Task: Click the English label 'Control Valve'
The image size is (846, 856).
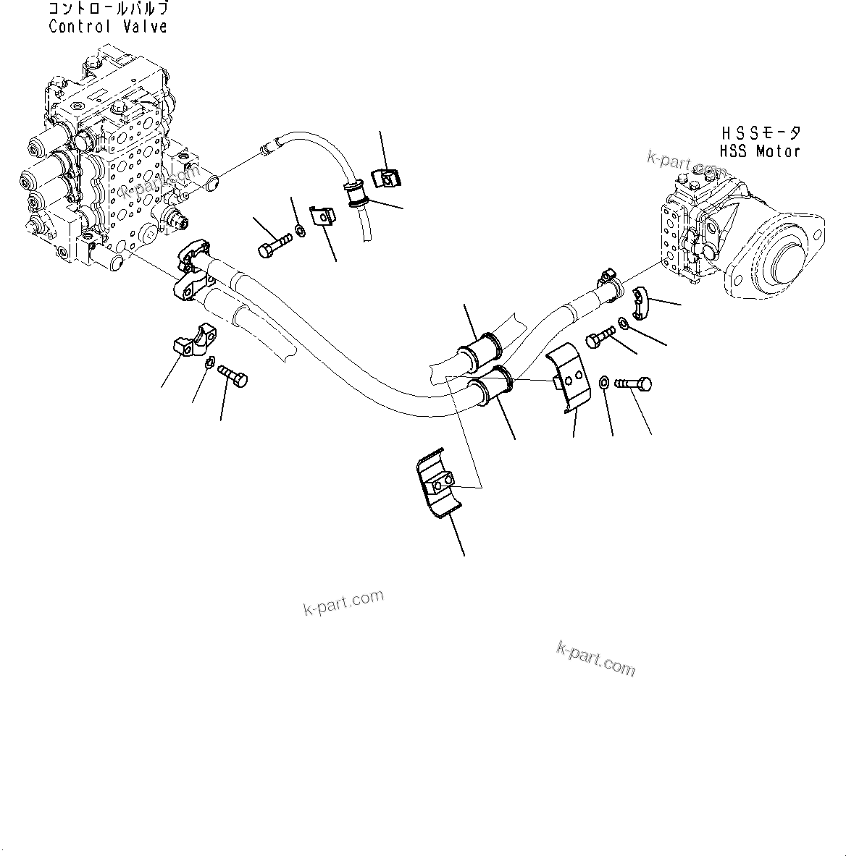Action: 108,27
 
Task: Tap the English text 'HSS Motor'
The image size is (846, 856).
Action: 759,151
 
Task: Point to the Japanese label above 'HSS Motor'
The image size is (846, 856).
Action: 761,134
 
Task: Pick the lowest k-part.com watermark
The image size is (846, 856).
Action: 595,658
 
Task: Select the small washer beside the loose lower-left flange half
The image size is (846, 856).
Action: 209,363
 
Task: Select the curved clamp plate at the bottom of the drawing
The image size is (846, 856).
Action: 438,486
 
